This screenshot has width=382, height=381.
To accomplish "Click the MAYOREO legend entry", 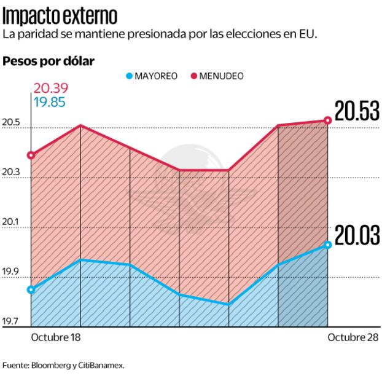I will point(152,76).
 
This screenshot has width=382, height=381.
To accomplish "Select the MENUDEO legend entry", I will point(217,76).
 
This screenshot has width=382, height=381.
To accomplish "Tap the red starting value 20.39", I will point(51,88).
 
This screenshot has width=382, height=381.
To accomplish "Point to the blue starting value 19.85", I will point(51,101).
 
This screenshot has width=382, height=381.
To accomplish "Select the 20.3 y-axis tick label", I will point(11,173).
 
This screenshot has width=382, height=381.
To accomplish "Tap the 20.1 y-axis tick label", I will point(11,222).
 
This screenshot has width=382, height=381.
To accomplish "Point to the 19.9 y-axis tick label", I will point(11,272).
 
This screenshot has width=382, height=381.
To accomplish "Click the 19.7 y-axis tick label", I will point(11,321).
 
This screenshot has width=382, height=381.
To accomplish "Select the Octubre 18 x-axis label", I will point(56,338).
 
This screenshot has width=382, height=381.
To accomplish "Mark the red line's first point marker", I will point(31,155).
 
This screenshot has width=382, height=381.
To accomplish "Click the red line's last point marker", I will point(328,120).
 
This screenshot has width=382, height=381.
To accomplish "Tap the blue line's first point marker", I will point(31,289).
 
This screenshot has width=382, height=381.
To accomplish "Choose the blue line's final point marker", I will point(328,245).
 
